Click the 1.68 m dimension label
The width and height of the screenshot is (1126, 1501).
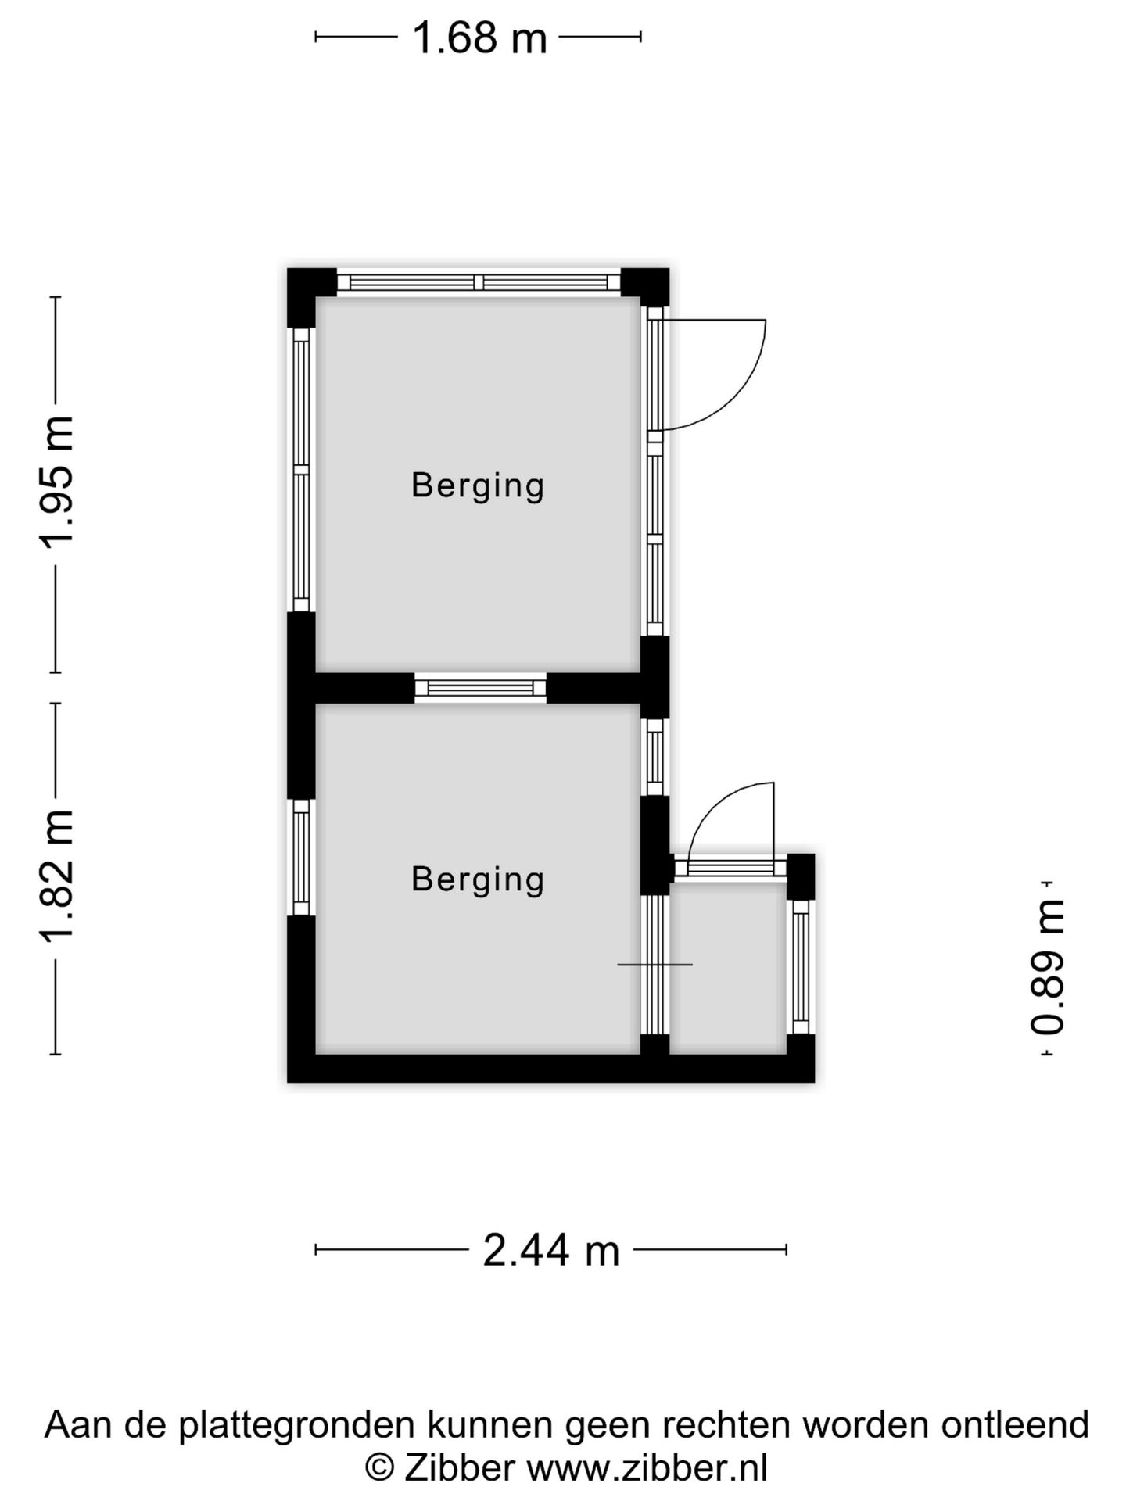[x=479, y=37]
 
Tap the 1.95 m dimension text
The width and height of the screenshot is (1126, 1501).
[x=57, y=482]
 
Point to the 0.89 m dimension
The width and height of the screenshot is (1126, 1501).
[x=1047, y=967]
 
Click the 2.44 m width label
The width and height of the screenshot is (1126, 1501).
[x=551, y=1249]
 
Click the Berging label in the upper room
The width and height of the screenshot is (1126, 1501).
[x=478, y=485]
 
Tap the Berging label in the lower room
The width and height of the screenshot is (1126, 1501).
[x=478, y=879]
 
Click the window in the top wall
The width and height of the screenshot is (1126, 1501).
[x=479, y=282]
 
